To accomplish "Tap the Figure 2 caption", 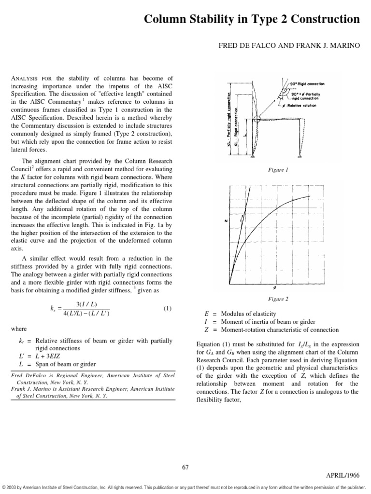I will coord(278,299).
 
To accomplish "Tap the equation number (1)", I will coord(167,308).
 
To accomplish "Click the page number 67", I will coord(185,467).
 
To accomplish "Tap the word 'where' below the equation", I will coord(19,329).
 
